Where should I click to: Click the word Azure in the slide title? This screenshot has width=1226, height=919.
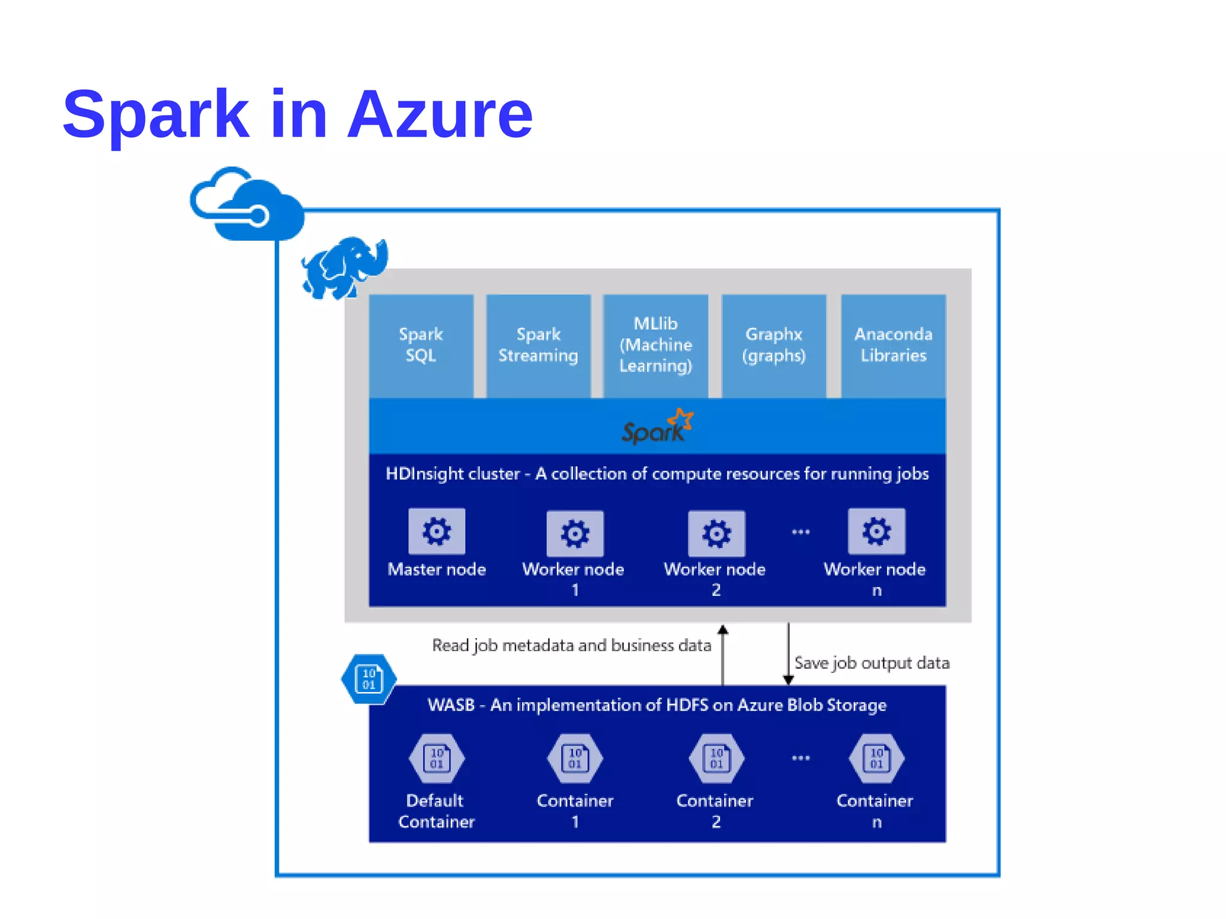(x=440, y=114)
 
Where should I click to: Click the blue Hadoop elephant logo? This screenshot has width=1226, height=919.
(x=344, y=268)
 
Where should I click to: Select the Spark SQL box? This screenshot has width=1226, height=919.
(x=421, y=345)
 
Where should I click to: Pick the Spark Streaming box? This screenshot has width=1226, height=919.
(x=538, y=345)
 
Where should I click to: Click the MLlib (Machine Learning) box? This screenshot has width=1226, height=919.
(x=656, y=345)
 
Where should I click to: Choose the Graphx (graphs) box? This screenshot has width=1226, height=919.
(x=773, y=345)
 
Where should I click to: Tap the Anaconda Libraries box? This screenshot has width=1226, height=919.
(x=893, y=345)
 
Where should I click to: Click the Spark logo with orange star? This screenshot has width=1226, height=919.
(x=657, y=427)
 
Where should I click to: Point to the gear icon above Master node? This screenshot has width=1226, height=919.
(x=436, y=531)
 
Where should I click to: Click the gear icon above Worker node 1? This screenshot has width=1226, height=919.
(x=575, y=533)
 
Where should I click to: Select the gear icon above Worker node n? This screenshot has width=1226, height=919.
(x=876, y=531)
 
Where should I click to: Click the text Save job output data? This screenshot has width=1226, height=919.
(x=872, y=663)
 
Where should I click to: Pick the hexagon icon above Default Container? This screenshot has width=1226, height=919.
(x=436, y=758)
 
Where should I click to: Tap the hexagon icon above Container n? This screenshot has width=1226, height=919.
(x=876, y=758)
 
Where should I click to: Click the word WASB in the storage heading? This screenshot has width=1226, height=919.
(x=451, y=705)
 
